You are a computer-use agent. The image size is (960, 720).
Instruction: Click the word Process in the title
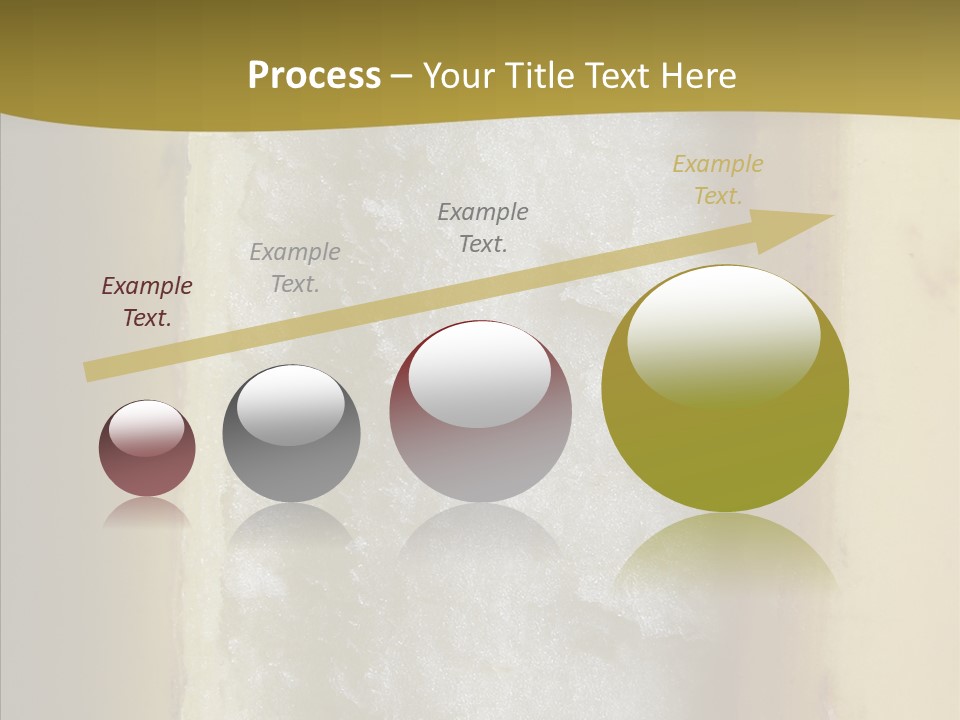[x=314, y=75]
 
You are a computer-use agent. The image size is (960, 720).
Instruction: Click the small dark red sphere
[x=147, y=449]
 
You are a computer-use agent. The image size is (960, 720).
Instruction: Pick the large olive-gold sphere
[x=725, y=389]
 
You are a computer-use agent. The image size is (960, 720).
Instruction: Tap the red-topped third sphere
[x=480, y=411]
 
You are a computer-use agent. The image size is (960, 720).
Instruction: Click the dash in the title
[x=402, y=76]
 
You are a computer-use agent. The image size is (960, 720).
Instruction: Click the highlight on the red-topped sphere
[x=480, y=372]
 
